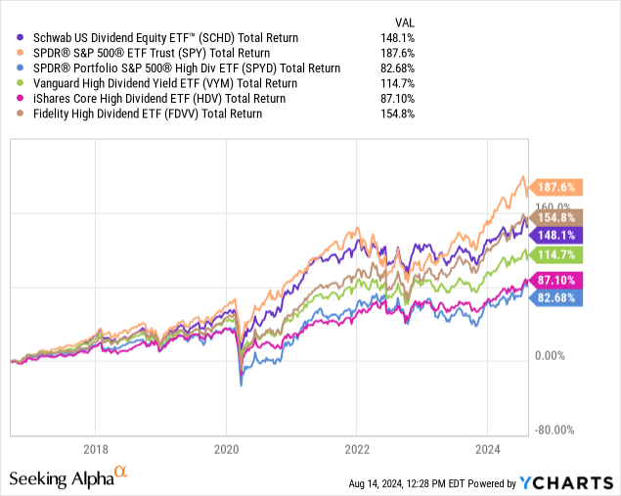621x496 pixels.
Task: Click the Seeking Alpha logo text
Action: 59,479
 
